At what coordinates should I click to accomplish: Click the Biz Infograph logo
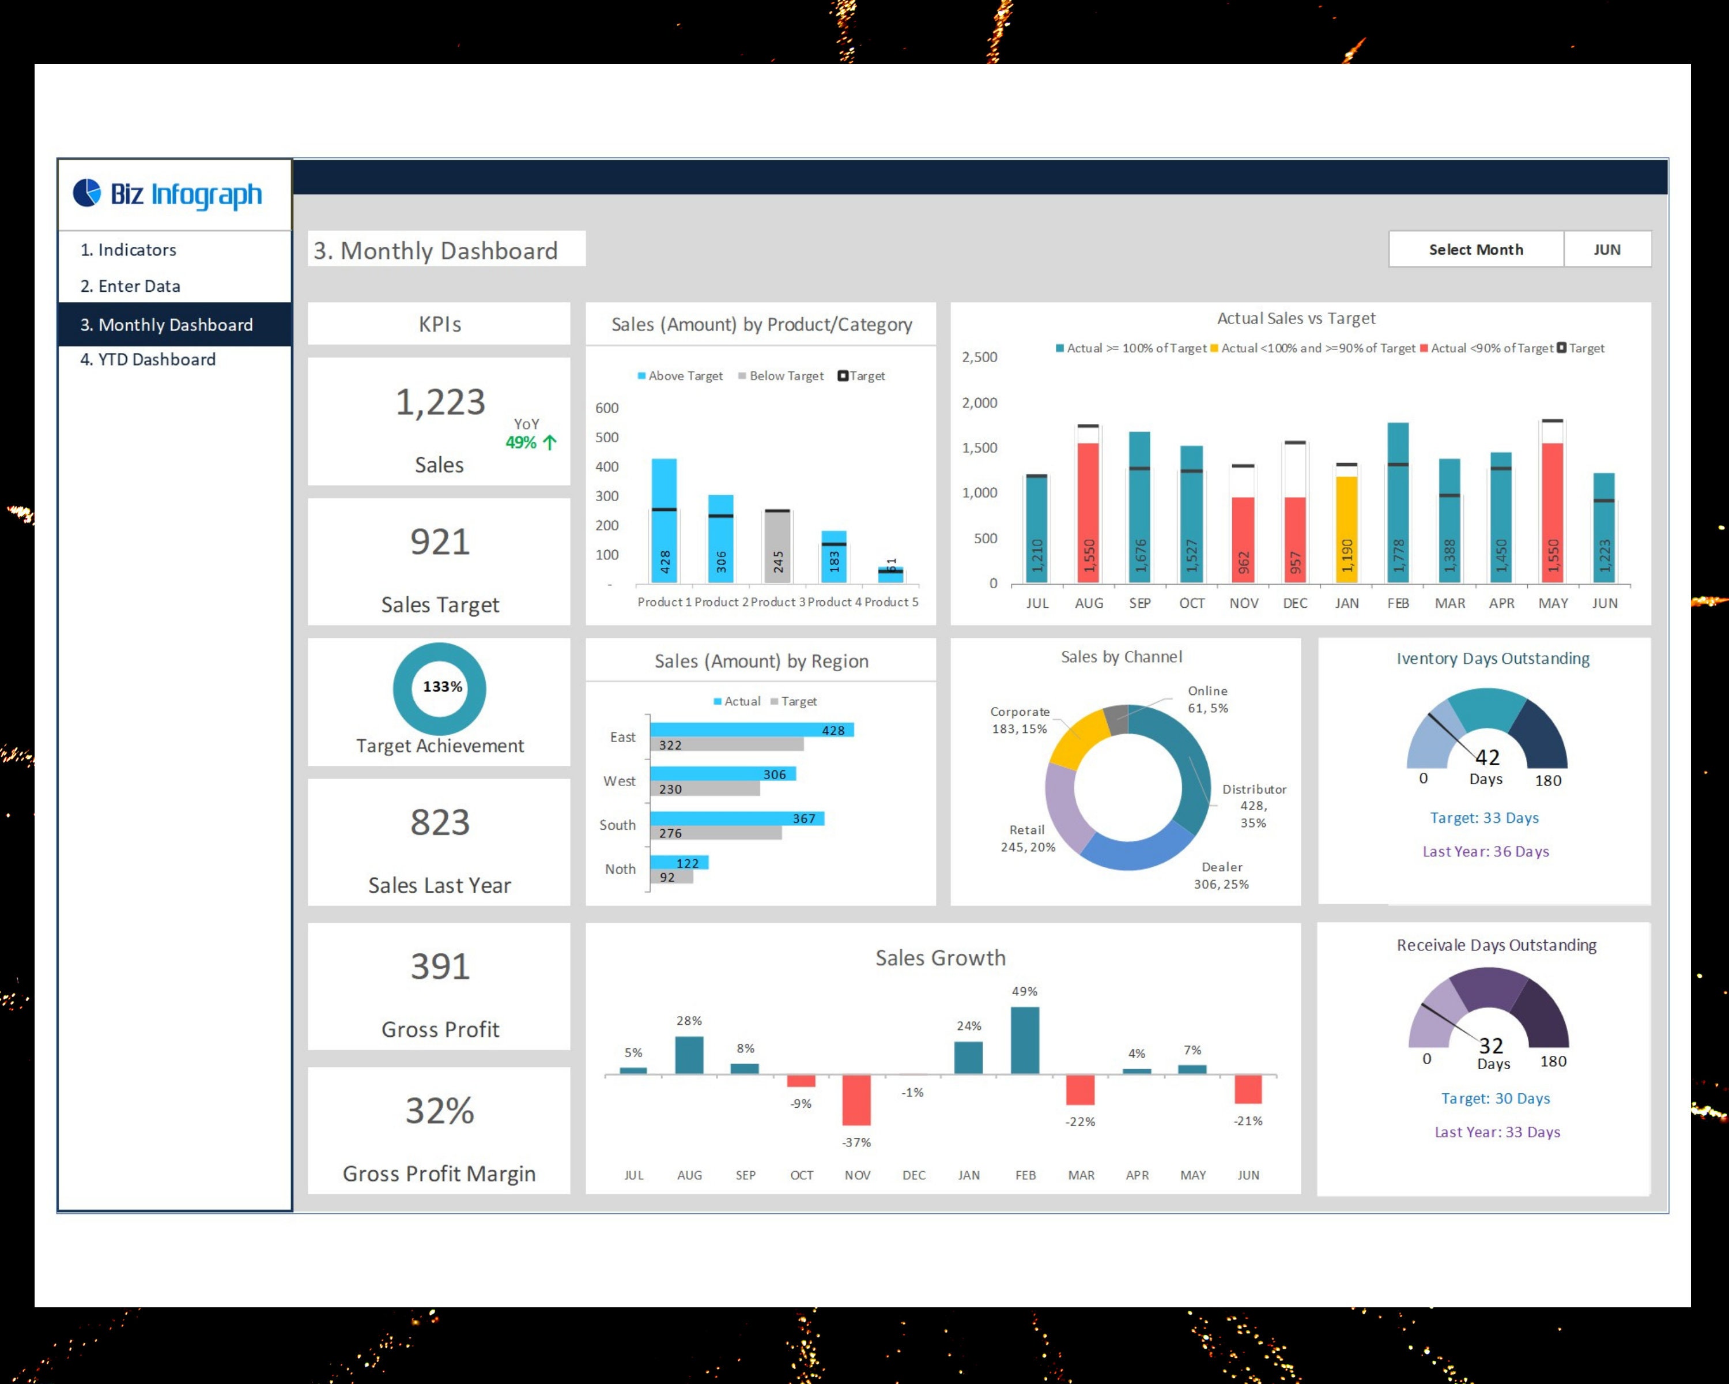(x=168, y=194)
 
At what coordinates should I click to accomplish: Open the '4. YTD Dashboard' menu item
(x=148, y=359)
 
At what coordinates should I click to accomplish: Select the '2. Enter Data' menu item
(x=130, y=287)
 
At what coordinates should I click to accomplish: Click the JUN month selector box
(x=1606, y=250)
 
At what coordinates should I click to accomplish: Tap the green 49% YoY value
(x=521, y=443)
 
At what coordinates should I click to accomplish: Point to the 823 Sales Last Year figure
(x=440, y=823)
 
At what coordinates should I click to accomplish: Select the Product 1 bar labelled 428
(x=664, y=521)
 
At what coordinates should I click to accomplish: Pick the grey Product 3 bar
(x=777, y=546)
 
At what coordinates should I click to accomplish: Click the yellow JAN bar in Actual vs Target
(x=1346, y=529)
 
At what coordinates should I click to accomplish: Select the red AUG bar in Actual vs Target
(x=1088, y=513)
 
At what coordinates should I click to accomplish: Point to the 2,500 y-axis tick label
(x=979, y=357)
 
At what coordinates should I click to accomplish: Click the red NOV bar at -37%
(x=856, y=1100)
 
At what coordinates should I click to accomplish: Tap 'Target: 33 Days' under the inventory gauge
(x=1485, y=818)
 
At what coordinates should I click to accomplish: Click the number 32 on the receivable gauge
(x=1491, y=1045)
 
